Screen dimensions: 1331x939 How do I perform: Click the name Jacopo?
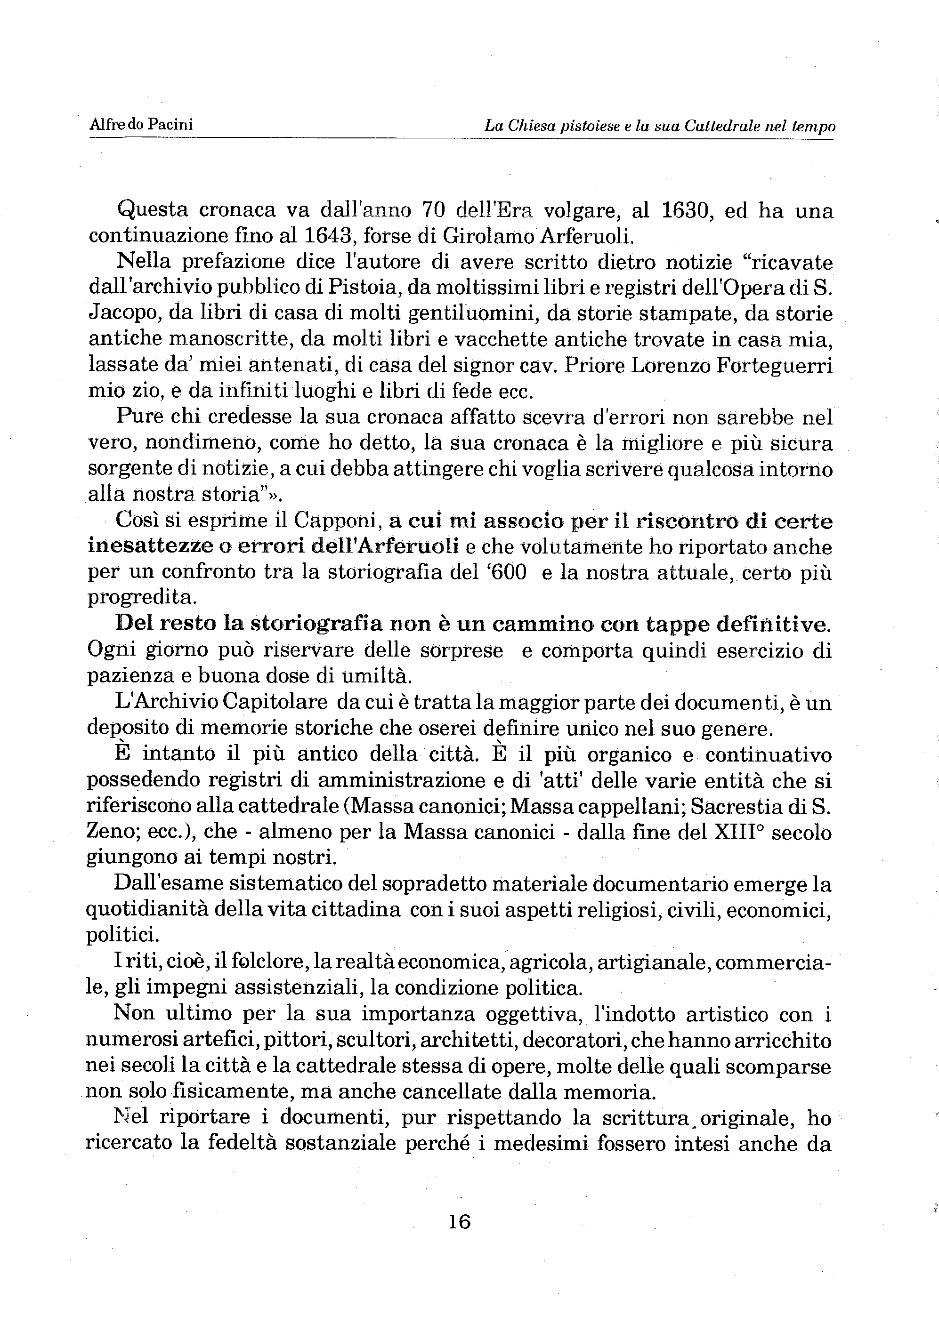(x=122, y=315)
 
